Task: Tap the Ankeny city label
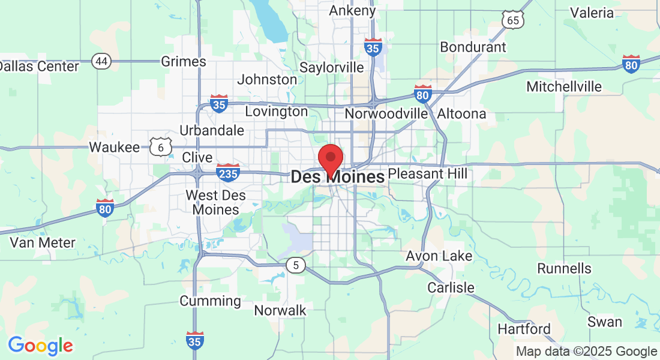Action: coord(353,10)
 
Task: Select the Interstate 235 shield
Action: coord(228,172)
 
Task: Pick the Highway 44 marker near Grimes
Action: coord(101,61)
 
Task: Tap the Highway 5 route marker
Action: coord(295,265)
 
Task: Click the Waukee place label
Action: coord(114,147)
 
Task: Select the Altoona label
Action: coord(461,113)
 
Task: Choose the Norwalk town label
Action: coord(280,310)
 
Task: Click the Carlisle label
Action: coord(451,287)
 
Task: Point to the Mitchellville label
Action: coord(563,86)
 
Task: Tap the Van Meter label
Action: coord(43,243)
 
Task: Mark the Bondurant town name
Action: coord(473,47)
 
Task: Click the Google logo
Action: coord(40,346)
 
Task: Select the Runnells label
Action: coord(564,268)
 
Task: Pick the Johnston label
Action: coord(267,79)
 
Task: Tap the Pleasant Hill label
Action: coord(427,174)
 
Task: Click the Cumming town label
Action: coord(210,301)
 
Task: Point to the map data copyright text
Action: coord(587,352)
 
